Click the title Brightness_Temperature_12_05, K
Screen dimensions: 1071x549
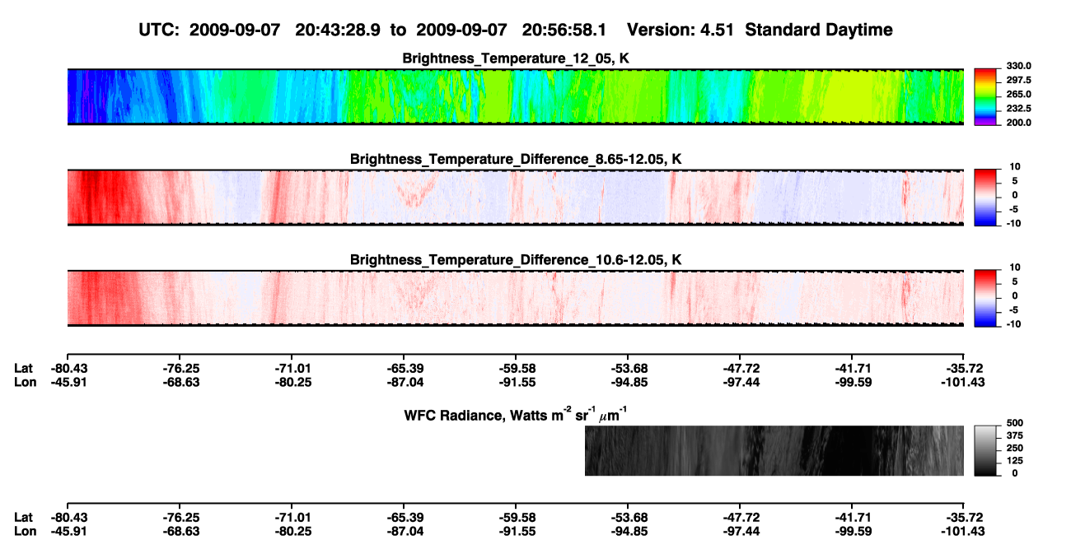[516, 58]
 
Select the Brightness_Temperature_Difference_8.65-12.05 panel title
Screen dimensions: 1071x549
[516, 159]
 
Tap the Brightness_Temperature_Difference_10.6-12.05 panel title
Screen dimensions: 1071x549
[516, 260]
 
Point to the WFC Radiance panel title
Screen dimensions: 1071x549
[516, 415]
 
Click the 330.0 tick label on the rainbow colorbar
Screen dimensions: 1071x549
[1018, 66]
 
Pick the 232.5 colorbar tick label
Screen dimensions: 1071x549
[1018, 109]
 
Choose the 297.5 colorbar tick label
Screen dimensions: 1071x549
[1018, 81]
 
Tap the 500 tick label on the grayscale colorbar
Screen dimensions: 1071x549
[1015, 423]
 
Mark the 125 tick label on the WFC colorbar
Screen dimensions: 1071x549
[1015, 461]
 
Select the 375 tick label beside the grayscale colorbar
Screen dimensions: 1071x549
[1015, 435]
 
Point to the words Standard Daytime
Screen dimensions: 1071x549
[819, 30]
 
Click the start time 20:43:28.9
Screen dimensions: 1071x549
[338, 30]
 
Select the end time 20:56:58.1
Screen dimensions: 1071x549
[564, 30]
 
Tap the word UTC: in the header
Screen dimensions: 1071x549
[159, 30]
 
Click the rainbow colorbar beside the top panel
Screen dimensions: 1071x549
[985, 97]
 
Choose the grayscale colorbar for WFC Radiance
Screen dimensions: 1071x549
[985, 450]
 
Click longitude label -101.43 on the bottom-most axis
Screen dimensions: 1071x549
[963, 532]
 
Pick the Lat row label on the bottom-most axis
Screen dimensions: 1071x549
[23, 518]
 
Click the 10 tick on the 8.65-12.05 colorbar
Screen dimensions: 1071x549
[1015, 167]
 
